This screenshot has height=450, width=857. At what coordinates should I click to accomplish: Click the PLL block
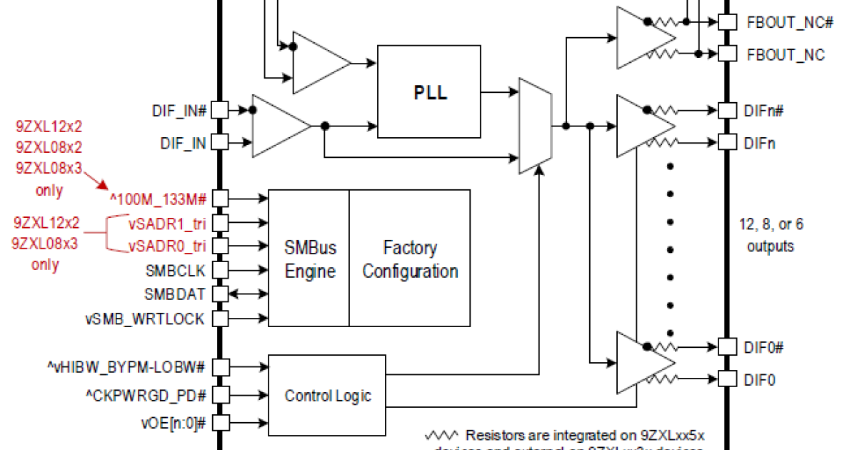[430, 93]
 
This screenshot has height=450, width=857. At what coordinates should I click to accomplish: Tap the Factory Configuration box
[410, 259]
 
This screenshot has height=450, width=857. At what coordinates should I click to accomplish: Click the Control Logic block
[329, 395]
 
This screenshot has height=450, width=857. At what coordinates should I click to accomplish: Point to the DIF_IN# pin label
[179, 111]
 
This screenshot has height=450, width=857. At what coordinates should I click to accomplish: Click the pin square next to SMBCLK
[221, 270]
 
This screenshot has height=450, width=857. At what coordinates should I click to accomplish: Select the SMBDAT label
[175, 294]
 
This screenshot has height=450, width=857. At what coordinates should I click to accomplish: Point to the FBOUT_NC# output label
[791, 22]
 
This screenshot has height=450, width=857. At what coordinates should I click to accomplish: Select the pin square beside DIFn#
[726, 111]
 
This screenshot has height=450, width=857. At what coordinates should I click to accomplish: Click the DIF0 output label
[761, 380]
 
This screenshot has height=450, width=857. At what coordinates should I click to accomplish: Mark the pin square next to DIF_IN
[221, 144]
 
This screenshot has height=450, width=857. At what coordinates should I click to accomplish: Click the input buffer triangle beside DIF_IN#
[279, 126]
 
